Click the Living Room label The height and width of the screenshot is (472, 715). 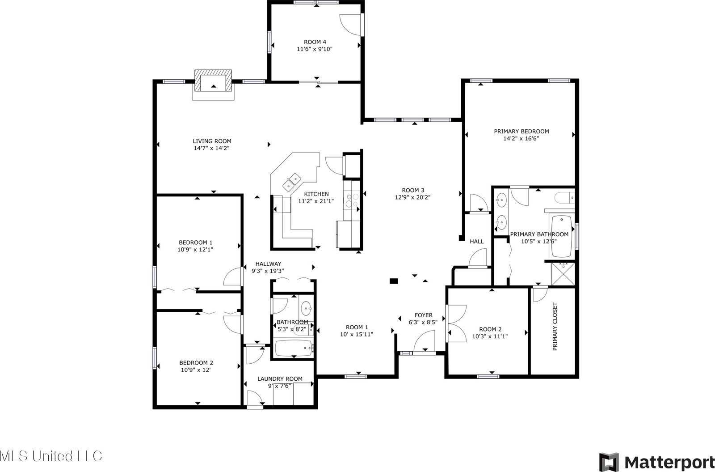click(212, 141)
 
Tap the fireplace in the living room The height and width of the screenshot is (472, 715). click(213, 83)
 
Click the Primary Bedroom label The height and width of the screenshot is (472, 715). click(521, 131)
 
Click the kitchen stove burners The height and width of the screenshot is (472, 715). click(350, 199)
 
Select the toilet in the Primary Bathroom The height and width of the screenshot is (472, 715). click(564, 197)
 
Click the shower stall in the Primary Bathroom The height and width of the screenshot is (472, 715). click(563, 274)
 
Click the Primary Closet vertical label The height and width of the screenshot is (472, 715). click(555, 326)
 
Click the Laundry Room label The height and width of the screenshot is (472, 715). click(280, 378)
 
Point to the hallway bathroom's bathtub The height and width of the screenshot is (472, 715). click(293, 348)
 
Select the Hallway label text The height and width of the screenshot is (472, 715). click(268, 264)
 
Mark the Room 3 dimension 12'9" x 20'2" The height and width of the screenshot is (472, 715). click(412, 197)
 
